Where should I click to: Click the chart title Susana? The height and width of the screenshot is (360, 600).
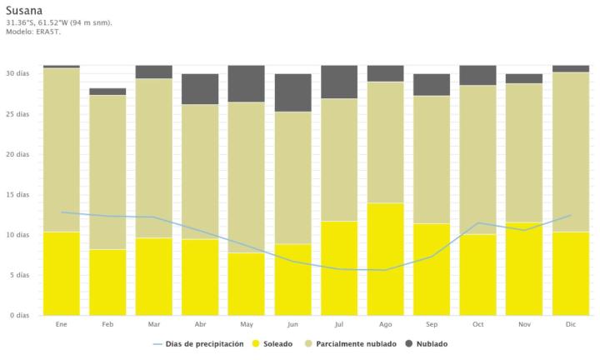[x=24, y=10]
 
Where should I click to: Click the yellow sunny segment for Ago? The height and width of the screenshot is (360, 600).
[x=386, y=259]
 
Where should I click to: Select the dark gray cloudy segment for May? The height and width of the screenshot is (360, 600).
[x=247, y=83]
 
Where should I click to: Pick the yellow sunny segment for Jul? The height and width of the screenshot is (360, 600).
[x=339, y=268]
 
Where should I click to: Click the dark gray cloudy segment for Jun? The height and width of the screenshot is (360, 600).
[x=293, y=92]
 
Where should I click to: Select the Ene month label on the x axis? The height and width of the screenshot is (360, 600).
[x=62, y=323]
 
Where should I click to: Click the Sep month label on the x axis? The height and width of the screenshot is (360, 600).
[x=432, y=323]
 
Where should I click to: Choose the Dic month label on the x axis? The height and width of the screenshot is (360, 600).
[x=571, y=323]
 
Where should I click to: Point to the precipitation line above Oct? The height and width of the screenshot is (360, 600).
[x=478, y=223]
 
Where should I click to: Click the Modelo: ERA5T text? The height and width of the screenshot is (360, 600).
[x=33, y=31]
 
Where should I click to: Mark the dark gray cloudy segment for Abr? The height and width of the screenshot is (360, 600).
[x=200, y=89]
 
